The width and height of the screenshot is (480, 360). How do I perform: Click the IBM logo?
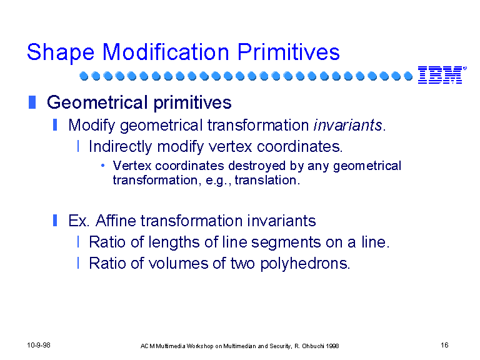pyautogui.click(x=442, y=75)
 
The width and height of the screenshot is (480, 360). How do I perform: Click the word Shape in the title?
pyautogui.click(x=61, y=52)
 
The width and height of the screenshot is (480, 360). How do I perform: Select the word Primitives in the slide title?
pyautogui.click(x=288, y=52)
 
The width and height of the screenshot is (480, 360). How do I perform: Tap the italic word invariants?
pyautogui.click(x=347, y=125)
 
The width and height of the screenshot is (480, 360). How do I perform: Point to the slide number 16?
pyautogui.click(x=444, y=345)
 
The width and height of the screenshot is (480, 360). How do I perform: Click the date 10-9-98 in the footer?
pyautogui.click(x=39, y=345)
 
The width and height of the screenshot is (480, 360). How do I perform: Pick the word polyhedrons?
pyautogui.click(x=304, y=264)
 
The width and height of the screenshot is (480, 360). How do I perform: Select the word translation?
pyautogui.click(x=266, y=180)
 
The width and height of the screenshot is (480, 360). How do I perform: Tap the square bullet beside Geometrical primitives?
pyautogui.click(x=32, y=102)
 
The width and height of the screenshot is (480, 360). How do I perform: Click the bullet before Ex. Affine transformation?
pyautogui.click(x=55, y=220)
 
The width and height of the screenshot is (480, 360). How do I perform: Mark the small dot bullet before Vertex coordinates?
pyautogui.click(x=103, y=166)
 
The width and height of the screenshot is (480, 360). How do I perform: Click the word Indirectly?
pyautogui.click(x=120, y=147)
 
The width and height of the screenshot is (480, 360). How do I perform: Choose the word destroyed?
pyautogui.click(x=257, y=166)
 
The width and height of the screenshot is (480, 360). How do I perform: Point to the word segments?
pyautogui.click(x=286, y=242)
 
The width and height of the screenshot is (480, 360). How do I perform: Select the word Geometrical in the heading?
pyautogui.click(x=98, y=102)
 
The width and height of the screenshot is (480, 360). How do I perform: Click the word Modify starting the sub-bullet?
pyautogui.click(x=92, y=126)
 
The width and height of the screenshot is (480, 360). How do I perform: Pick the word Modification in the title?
pyautogui.click(x=166, y=52)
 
